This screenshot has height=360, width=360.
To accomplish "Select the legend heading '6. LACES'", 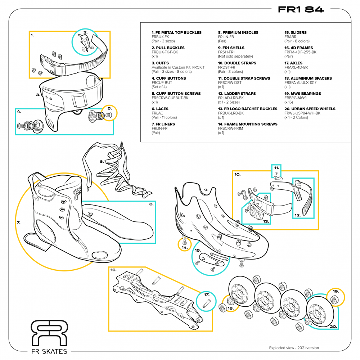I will pos(160,109).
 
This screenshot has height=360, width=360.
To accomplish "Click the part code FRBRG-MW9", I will pos(295,98).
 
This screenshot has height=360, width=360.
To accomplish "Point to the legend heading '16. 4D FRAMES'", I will pos(298,48).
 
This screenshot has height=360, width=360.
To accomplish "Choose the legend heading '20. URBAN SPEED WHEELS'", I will pos(310,109).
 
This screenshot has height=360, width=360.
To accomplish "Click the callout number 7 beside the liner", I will pos(18,222).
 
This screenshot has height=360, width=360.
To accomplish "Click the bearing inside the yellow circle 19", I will pos(334,299).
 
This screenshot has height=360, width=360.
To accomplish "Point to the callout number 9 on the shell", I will pos(206,190).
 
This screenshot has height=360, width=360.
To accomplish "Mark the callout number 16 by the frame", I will pos(113,270).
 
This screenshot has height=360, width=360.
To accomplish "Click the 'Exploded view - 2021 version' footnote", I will pos(294,348).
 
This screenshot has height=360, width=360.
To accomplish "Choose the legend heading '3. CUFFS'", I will pos(158,63).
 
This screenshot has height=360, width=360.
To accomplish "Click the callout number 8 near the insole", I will pos(152,204).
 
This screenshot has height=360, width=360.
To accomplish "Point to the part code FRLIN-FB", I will pos(226,37).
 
